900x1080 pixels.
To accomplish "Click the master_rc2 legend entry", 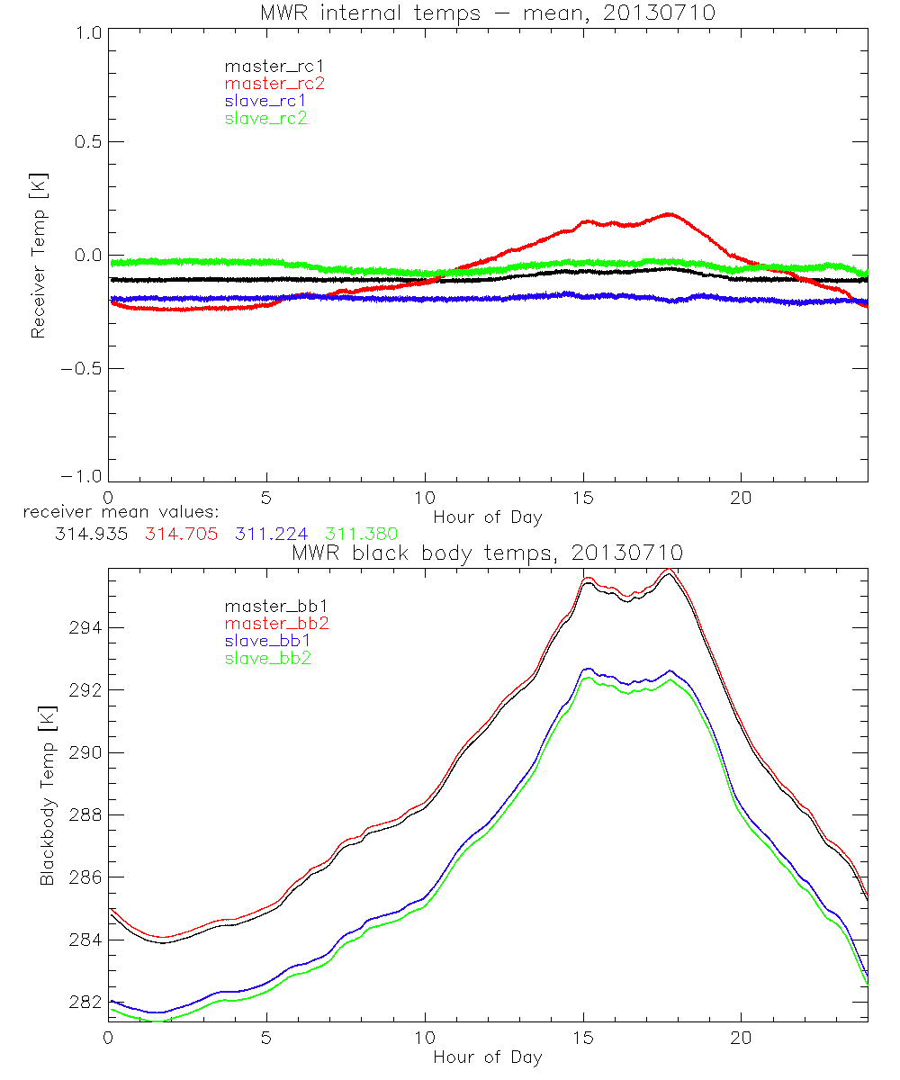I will point(274,83).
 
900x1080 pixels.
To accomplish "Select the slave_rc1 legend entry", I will point(265,100).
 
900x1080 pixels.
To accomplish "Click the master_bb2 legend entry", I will point(277,624).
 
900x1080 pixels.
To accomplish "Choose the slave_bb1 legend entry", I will point(269,641).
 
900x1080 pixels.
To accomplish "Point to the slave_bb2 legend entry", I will point(269,659).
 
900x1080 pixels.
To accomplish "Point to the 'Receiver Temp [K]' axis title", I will point(38,256).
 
